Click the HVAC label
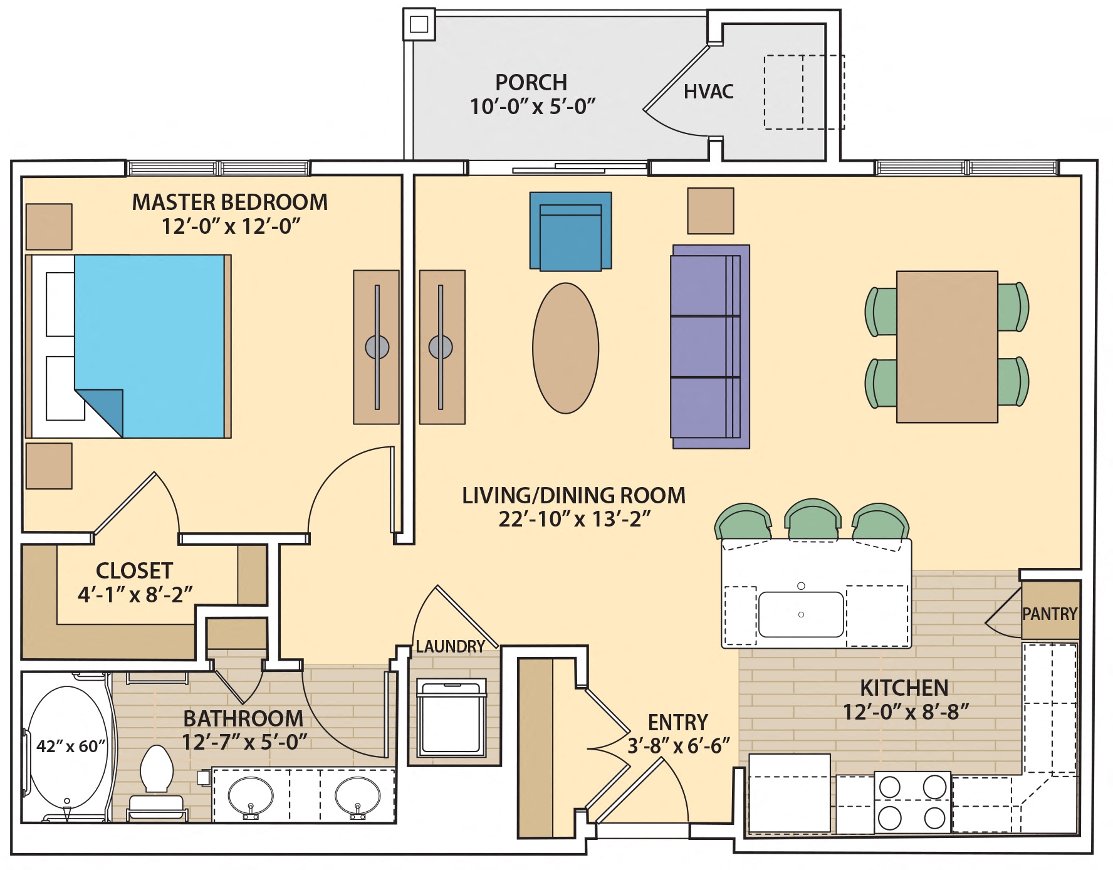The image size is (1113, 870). point(708,92)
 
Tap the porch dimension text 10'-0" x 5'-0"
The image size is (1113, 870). point(532,107)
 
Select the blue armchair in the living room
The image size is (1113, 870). point(570,231)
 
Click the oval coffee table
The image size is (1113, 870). point(565,348)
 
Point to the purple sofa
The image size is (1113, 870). point(710,347)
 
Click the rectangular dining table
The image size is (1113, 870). point(946,347)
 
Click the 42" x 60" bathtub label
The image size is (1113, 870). point(71,746)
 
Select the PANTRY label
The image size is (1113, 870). point(1050,614)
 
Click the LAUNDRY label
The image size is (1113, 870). point(450,646)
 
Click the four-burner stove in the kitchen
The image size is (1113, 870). point(912,802)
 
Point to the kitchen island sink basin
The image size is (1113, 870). point(800,614)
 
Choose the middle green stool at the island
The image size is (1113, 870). point(812,520)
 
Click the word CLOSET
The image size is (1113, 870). point(134,570)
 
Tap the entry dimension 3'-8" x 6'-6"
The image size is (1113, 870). point(679,745)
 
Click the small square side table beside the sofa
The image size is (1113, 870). point(710,211)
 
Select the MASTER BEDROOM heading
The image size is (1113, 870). point(229,202)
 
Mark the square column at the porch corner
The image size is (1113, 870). point(419,24)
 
